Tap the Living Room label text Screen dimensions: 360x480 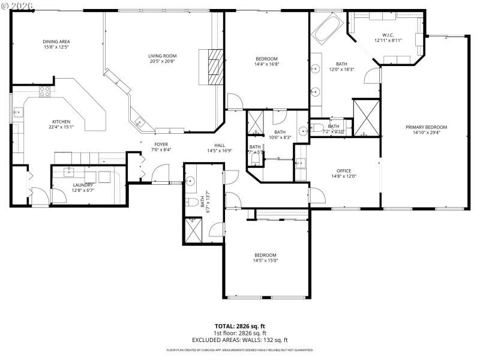pos(162,56)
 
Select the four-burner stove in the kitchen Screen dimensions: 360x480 pos(45,92)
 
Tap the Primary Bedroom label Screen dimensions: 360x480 pos(426,127)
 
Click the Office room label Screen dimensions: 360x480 pos(343,170)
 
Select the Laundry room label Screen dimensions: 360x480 pos(83,185)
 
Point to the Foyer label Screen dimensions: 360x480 pos(161,144)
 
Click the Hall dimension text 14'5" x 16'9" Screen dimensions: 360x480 pos(220,151)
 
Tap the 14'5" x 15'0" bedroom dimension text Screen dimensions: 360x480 pos(265,260)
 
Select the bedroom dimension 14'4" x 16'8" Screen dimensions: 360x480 pos(266,64)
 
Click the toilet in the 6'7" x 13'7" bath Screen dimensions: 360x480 pos(190,202)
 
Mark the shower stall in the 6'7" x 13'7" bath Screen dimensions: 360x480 pos(193,230)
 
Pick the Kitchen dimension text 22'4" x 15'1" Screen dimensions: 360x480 pos(61,127)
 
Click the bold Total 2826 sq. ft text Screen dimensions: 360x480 pos(240,326)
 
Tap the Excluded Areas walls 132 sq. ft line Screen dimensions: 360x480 pos(240,340)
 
